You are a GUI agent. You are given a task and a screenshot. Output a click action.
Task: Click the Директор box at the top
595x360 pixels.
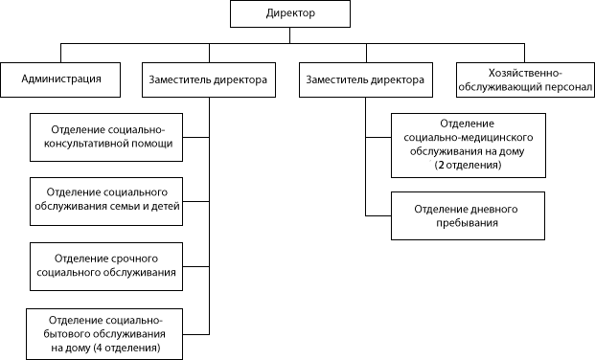click(290, 15)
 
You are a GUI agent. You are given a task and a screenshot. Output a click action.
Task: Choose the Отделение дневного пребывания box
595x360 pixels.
click(468, 215)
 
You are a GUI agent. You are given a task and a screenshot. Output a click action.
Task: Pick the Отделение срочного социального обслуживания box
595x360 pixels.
click(106, 266)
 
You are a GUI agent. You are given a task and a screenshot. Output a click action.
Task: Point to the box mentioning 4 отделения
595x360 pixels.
click(104, 333)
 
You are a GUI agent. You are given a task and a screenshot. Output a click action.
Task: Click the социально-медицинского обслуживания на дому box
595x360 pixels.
click(468, 145)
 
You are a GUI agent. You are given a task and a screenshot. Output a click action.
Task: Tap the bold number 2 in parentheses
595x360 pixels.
click(439, 165)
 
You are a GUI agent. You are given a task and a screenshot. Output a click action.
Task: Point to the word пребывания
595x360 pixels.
click(468, 223)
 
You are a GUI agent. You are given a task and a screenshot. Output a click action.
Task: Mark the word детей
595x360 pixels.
click(165, 206)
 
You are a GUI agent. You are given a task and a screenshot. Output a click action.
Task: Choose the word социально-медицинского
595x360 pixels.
click(468, 138)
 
